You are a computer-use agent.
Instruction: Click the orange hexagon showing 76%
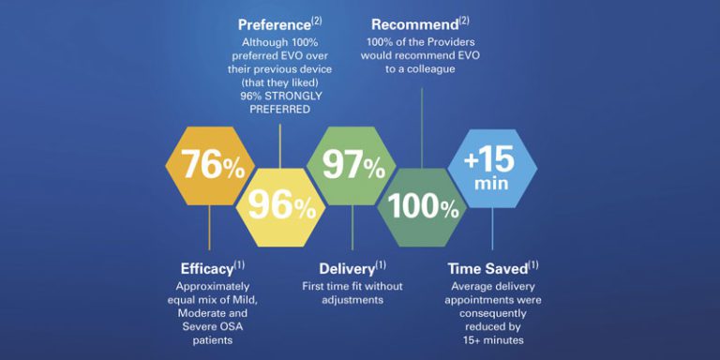[x=209, y=165]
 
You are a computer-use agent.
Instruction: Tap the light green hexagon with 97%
[x=352, y=165]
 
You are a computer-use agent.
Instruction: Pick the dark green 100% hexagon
[x=423, y=206]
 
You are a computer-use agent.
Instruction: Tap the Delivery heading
[x=346, y=269]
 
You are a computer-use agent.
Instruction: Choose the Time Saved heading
[x=486, y=269]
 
